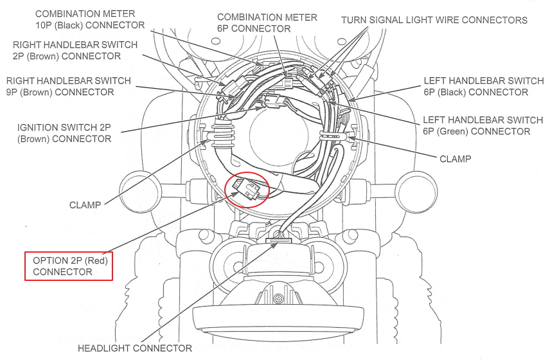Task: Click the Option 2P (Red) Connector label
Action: [69, 266]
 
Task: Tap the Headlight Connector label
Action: [134, 348]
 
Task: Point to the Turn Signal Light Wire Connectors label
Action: [434, 20]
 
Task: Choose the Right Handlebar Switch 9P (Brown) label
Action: [68, 86]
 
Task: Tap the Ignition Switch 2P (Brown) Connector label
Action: [64, 133]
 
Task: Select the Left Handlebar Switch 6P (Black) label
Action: [483, 86]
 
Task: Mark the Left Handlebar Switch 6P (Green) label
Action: [483, 126]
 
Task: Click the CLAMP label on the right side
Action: [455, 158]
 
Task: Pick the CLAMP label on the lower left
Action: [85, 205]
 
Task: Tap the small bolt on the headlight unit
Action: [278, 299]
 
